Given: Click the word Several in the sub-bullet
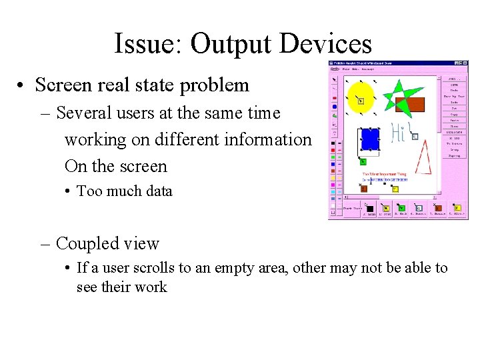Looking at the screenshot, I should (84, 113).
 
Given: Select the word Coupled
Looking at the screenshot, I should (88, 244).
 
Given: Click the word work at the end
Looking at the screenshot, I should (151, 287).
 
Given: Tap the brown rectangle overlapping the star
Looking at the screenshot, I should (411, 104).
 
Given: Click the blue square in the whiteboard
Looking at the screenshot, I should (369, 139).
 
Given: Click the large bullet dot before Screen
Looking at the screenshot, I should (22, 86).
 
